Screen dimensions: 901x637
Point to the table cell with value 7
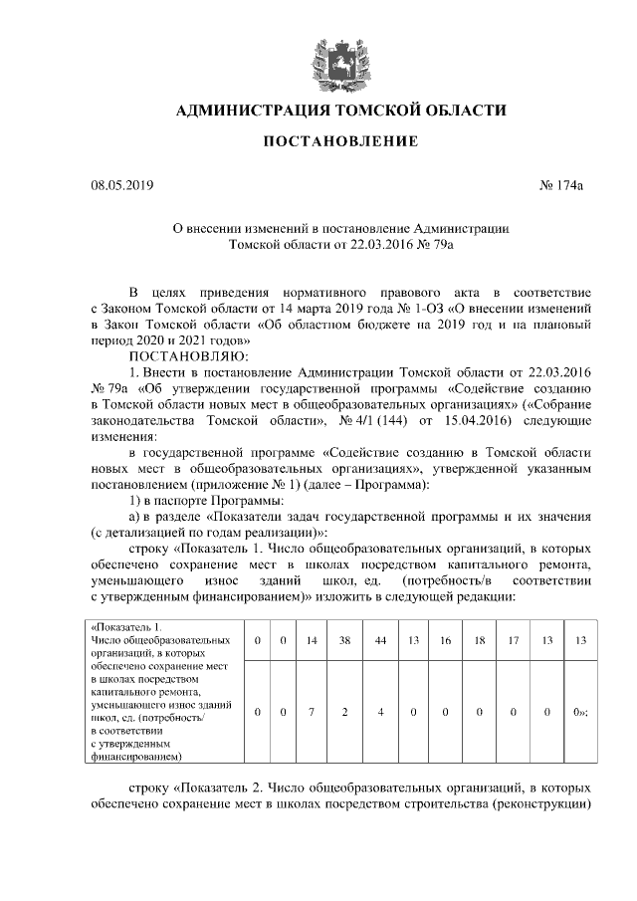point(311,712)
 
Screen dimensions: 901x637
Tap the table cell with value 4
point(380,712)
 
